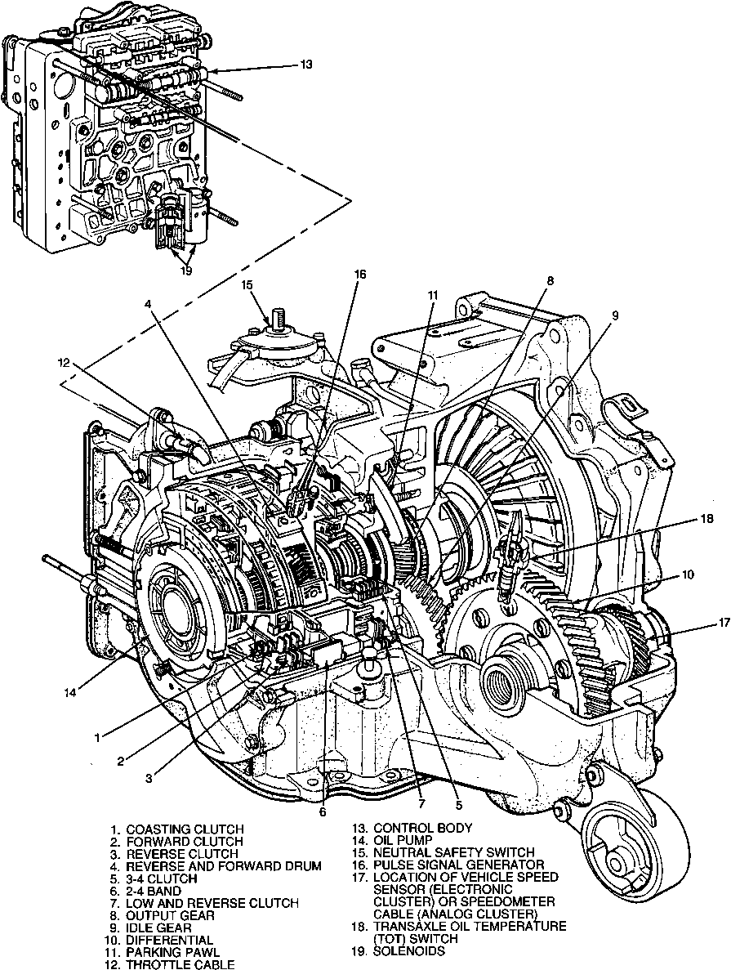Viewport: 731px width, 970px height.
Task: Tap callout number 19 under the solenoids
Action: click(186, 270)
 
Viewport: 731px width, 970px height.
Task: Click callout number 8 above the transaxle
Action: click(550, 280)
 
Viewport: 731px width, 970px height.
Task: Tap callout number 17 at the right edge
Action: click(700, 623)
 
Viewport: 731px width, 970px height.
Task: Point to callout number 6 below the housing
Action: click(323, 811)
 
